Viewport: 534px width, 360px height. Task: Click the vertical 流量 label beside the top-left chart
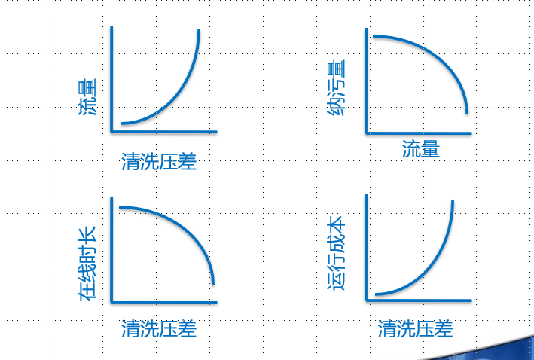[87, 97]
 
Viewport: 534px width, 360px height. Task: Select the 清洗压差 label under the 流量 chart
[159, 161]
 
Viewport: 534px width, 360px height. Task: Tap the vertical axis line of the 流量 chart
[111, 79]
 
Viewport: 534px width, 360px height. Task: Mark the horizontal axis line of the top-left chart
[163, 132]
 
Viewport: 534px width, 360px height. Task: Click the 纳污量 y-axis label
[336, 87]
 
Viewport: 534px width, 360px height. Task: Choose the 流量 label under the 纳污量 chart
[421, 149]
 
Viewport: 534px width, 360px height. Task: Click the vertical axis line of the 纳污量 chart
[366, 81]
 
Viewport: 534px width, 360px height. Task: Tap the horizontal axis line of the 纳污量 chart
[418, 133]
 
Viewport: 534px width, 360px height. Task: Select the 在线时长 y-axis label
[87, 264]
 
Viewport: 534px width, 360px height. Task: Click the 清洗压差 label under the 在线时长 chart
[159, 328]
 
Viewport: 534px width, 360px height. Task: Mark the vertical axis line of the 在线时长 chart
[111, 249]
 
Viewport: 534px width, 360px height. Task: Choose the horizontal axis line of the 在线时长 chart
[163, 302]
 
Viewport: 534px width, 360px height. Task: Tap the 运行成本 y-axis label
[336, 253]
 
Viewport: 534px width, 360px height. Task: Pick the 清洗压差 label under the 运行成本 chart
[415, 328]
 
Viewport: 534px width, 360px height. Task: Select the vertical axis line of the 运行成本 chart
[366, 248]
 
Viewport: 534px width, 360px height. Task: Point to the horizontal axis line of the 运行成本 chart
[418, 301]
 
